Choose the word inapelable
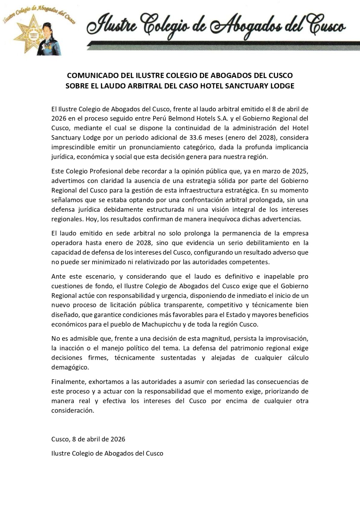[276, 276]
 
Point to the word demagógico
[70, 367]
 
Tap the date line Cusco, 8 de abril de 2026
[88, 439]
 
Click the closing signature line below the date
[107, 453]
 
